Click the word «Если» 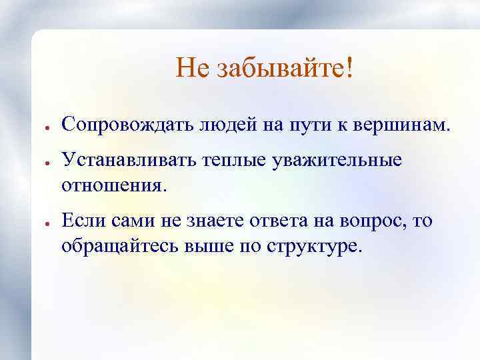point(83,221)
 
